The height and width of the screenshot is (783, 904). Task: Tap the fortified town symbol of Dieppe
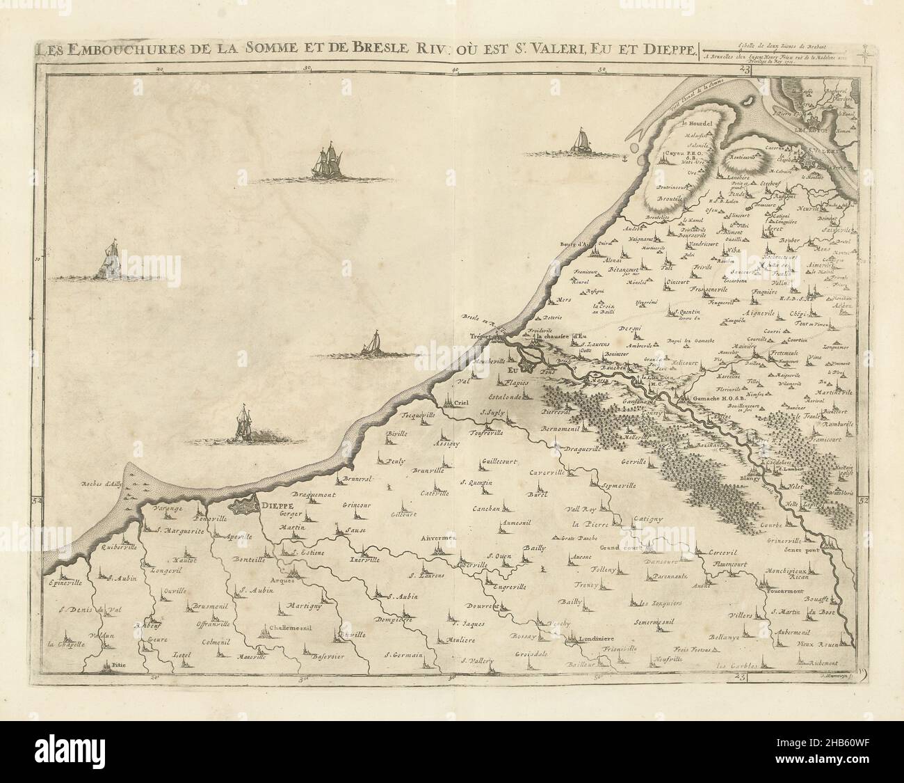pos(245,506)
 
